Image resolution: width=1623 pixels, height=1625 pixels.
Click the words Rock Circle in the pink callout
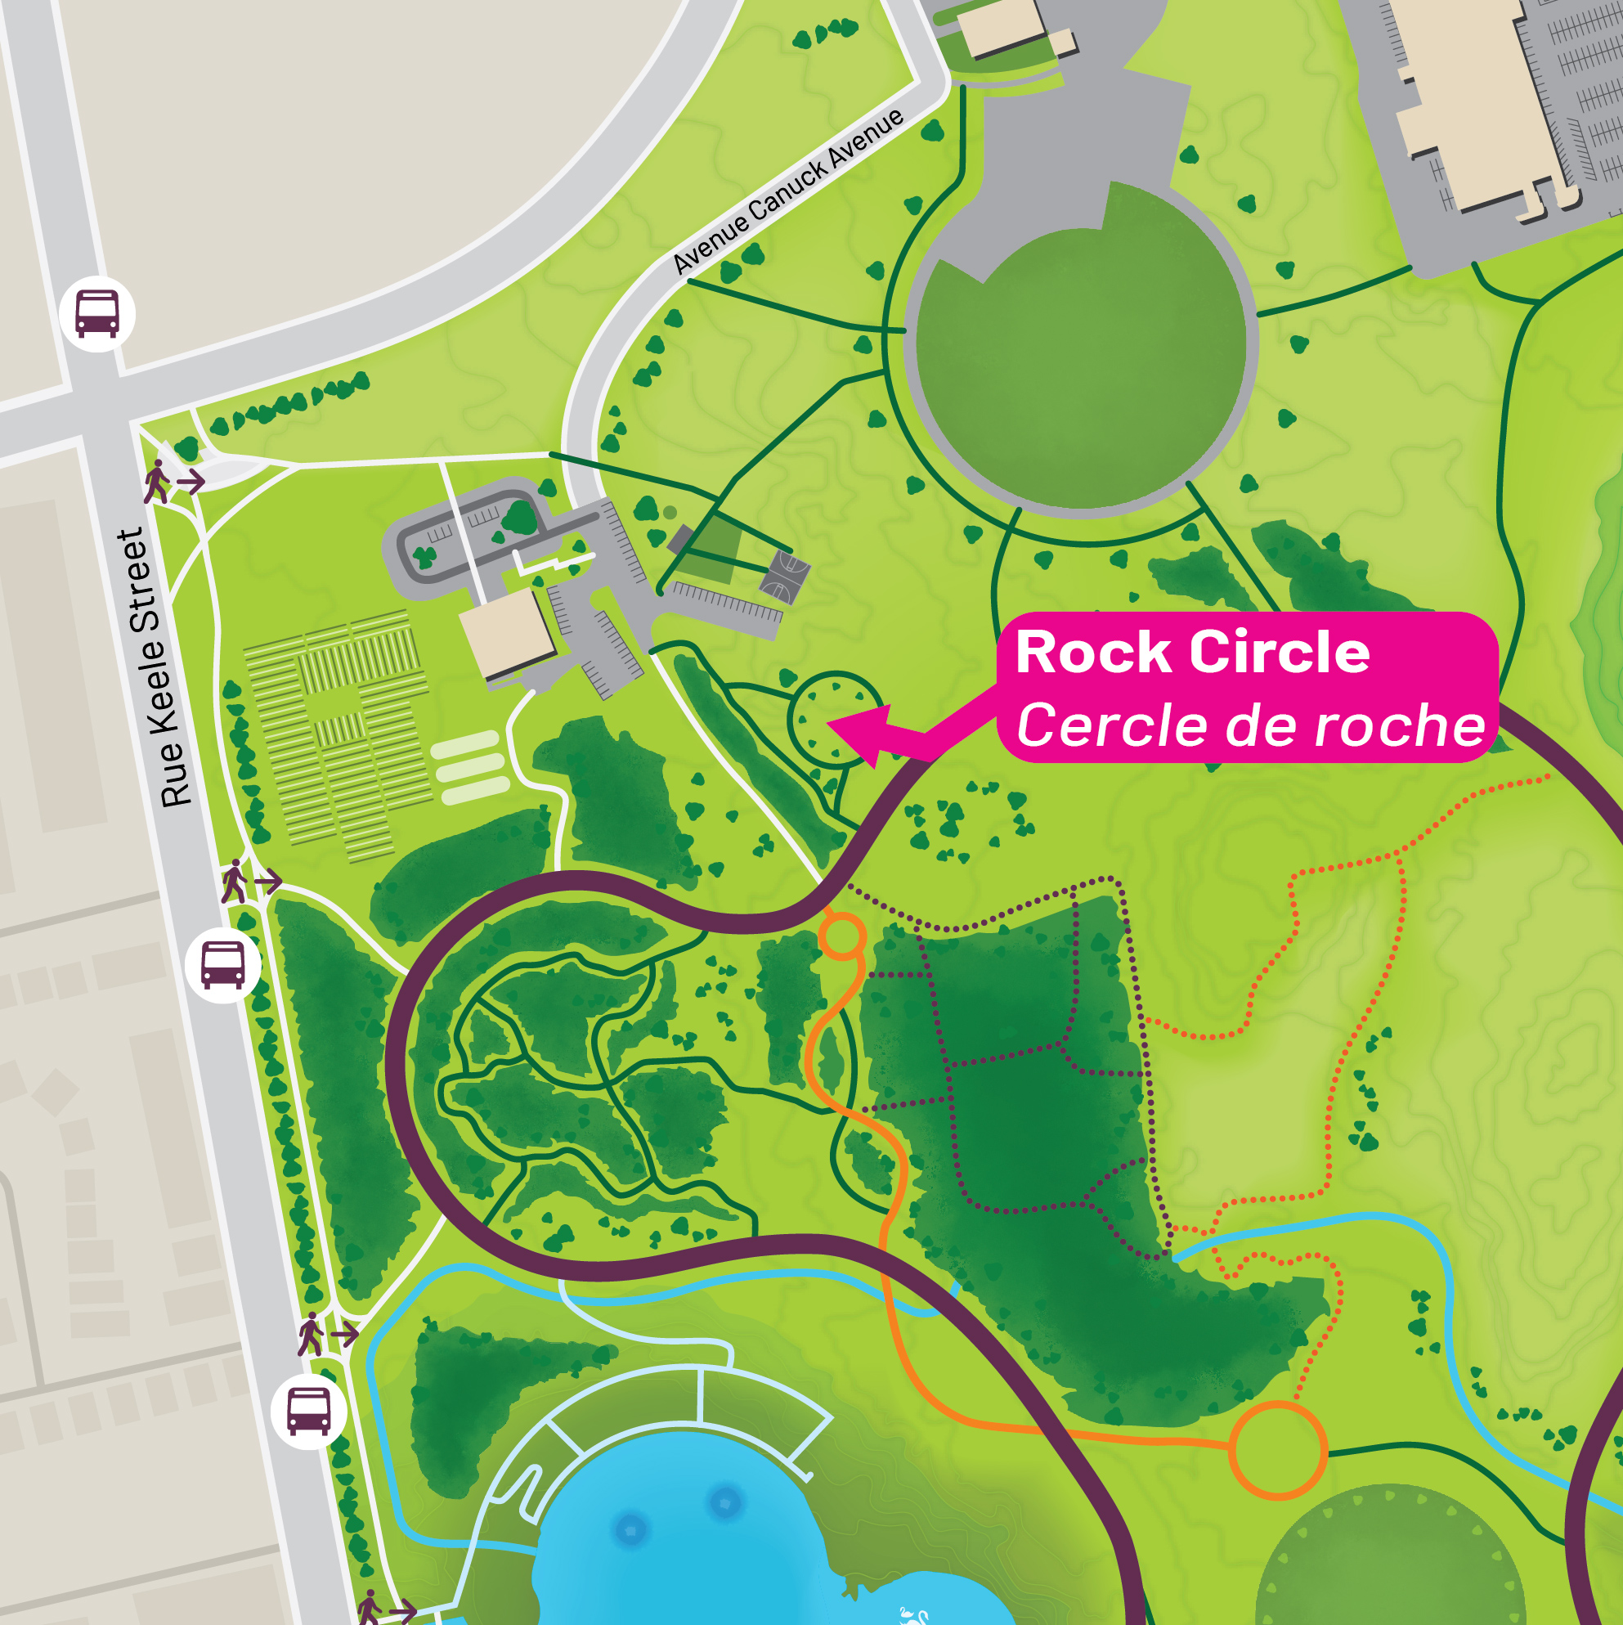tap(1192, 653)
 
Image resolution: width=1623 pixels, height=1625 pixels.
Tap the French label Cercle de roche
tap(1250, 726)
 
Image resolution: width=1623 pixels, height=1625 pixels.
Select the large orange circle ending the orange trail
tap(1277, 1451)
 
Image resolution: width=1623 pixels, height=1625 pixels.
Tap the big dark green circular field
tap(1081, 370)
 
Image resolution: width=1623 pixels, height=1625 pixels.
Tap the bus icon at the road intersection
tap(97, 313)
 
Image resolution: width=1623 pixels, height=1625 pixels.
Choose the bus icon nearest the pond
tap(307, 1411)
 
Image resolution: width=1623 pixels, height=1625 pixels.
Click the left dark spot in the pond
tap(630, 1528)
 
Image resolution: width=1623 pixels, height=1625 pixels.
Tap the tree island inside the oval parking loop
tap(518, 518)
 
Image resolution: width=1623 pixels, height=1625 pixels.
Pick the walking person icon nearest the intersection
tap(157, 482)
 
